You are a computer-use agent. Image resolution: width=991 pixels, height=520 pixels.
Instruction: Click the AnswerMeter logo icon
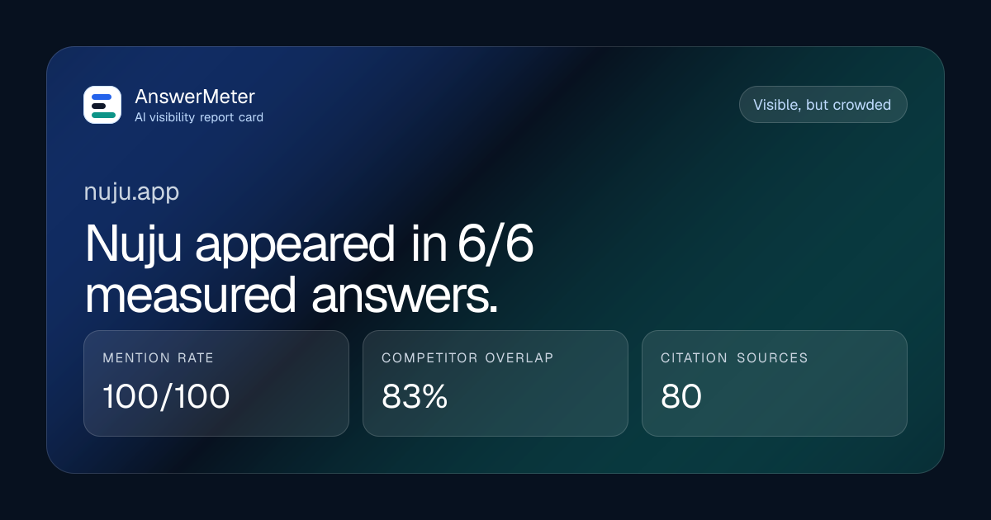[x=102, y=105]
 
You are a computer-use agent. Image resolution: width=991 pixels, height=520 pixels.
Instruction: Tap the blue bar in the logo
[x=102, y=97]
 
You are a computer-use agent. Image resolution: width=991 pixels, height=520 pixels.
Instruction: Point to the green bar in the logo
[x=103, y=115]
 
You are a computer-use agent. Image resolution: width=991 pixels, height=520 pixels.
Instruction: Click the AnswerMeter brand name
[x=195, y=97]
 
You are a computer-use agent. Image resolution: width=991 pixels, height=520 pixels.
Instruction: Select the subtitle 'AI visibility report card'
[x=199, y=117]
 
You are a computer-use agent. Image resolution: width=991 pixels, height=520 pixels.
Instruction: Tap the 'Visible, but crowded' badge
[x=823, y=105]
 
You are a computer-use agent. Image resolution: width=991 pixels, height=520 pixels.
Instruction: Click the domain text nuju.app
[x=131, y=191]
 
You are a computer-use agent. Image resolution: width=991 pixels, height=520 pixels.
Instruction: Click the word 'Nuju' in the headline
[x=133, y=244]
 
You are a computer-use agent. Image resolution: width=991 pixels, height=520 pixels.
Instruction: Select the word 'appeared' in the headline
[x=295, y=244]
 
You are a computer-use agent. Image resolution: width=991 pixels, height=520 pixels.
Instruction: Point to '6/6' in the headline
[x=495, y=243]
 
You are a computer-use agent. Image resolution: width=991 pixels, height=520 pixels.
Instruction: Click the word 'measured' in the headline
[x=190, y=295]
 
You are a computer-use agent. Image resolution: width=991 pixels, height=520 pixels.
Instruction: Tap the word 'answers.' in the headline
[x=405, y=295]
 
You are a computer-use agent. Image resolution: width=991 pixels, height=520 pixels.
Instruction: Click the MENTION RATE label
[x=158, y=357]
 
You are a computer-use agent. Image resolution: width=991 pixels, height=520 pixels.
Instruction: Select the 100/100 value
[x=166, y=395]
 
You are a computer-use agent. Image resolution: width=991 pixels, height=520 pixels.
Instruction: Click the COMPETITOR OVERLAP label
[x=467, y=357]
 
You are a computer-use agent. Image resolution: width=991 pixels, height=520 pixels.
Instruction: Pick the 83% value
[x=415, y=395]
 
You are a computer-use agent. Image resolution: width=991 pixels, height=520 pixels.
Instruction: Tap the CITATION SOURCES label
[x=734, y=357]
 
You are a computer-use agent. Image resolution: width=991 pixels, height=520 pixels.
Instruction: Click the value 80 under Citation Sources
[x=680, y=395]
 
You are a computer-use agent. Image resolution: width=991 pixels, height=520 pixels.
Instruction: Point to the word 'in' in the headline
[x=429, y=243]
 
